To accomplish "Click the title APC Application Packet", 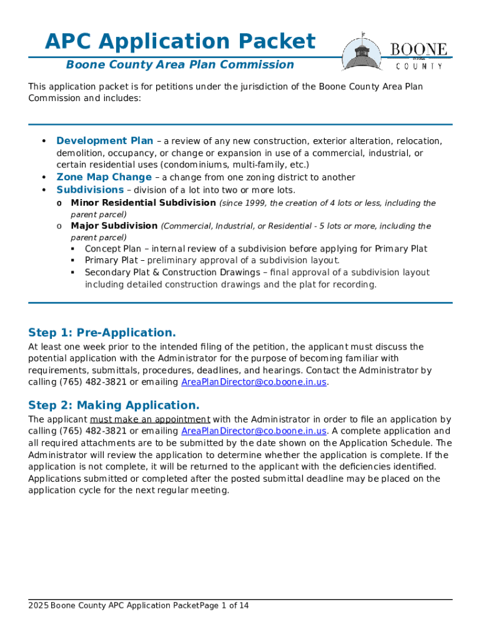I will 180,42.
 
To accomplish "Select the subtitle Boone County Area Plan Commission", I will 180,65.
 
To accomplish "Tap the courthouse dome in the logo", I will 362,50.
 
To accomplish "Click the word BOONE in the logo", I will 419,49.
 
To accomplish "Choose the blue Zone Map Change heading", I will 104,177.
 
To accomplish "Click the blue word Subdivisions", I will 90,190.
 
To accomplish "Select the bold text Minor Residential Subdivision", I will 144,203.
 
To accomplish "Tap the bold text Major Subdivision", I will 114,226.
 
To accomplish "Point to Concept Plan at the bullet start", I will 112,249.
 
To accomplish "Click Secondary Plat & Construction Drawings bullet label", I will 173,273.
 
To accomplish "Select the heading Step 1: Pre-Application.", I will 102,333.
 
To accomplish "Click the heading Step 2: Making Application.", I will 114,406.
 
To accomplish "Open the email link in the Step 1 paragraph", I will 254,383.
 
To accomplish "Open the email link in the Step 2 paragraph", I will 254,431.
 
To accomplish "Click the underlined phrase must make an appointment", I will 150,419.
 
